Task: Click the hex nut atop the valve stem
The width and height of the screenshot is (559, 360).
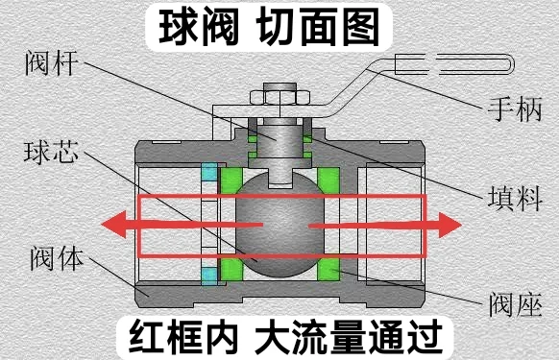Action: [x=279, y=97]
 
